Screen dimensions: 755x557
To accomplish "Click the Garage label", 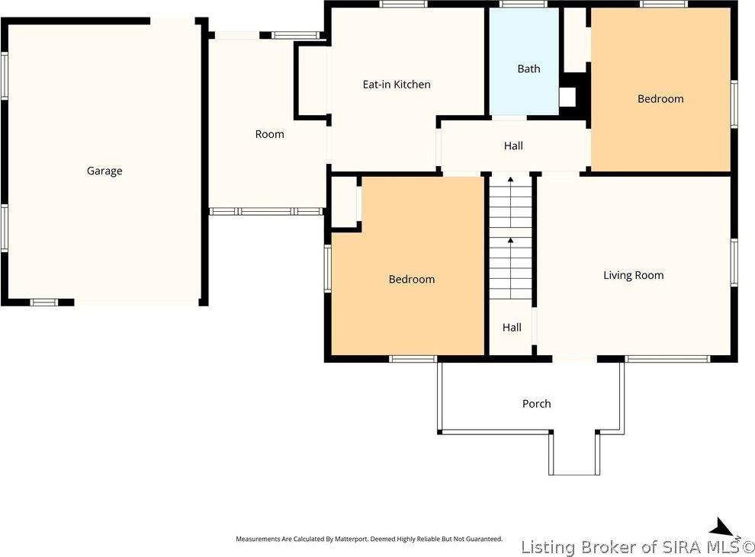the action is (104, 171).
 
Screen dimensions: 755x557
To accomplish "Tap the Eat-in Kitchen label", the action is (397, 84).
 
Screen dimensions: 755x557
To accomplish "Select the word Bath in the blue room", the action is (528, 69).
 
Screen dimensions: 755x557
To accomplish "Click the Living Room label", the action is (633, 275).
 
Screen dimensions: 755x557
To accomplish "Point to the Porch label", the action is (536, 404).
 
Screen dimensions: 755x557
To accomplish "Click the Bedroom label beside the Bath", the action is (660, 98).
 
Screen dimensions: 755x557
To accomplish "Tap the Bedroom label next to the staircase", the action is (412, 279).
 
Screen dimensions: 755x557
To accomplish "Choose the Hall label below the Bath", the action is (513, 146).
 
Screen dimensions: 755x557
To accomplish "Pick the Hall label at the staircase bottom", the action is (512, 328).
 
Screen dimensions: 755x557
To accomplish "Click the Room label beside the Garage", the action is (270, 134).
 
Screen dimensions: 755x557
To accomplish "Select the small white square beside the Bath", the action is (567, 98).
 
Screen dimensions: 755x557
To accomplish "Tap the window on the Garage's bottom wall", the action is (43, 302).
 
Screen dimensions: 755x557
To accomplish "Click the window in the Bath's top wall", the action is (523, 4).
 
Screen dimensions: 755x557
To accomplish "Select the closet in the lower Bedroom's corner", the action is (344, 201).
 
